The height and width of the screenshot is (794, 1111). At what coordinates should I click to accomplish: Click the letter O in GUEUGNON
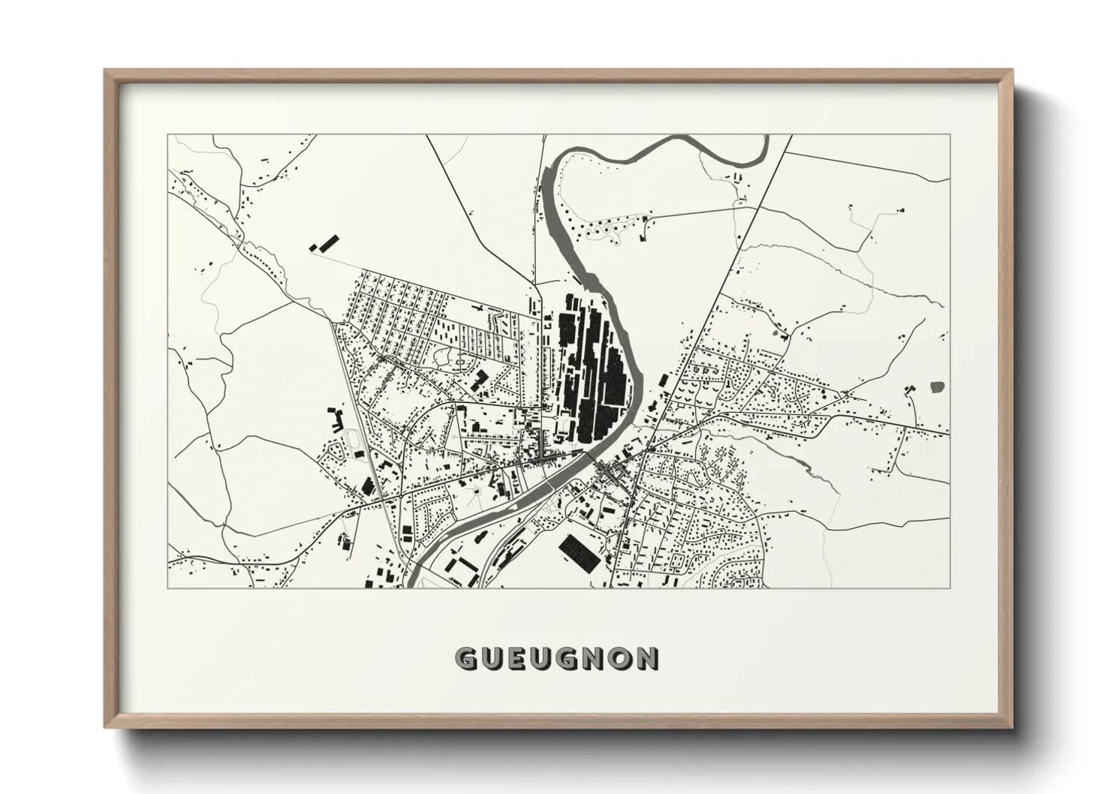620,658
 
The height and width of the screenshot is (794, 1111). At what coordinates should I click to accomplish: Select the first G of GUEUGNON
466,658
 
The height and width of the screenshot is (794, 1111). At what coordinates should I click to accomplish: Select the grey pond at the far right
937,387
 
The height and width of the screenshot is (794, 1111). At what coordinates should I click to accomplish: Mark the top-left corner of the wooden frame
106,71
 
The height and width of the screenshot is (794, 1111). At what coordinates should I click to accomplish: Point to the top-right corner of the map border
950,135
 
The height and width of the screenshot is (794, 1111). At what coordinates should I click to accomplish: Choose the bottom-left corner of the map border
167,588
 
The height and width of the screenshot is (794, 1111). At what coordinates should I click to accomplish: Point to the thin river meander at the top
676,150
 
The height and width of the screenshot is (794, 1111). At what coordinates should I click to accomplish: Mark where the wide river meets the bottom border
411,586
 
